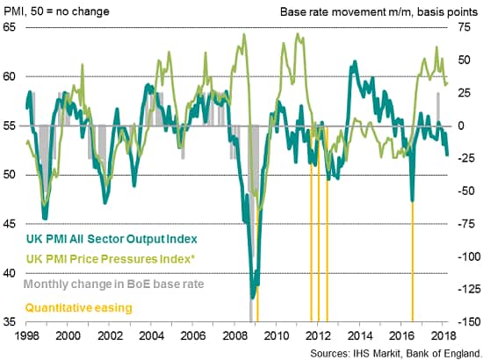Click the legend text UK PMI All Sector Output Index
(112, 239)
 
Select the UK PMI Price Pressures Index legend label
(111, 259)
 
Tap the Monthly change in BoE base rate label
(113, 284)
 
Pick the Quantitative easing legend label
(78, 307)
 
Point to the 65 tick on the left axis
(9, 27)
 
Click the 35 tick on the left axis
(9, 322)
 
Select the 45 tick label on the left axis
(9, 224)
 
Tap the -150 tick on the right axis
(469, 322)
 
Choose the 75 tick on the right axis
(465, 27)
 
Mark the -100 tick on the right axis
(469, 256)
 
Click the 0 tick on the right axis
(462, 126)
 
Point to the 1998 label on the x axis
(26, 335)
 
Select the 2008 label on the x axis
(234, 335)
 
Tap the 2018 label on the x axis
(443, 335)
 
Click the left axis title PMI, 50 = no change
(56, 11)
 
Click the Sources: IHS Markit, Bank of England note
(395, 353)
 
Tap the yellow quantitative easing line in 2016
(413, 261)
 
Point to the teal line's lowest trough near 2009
(252, 298)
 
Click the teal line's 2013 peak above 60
(355, 61)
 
